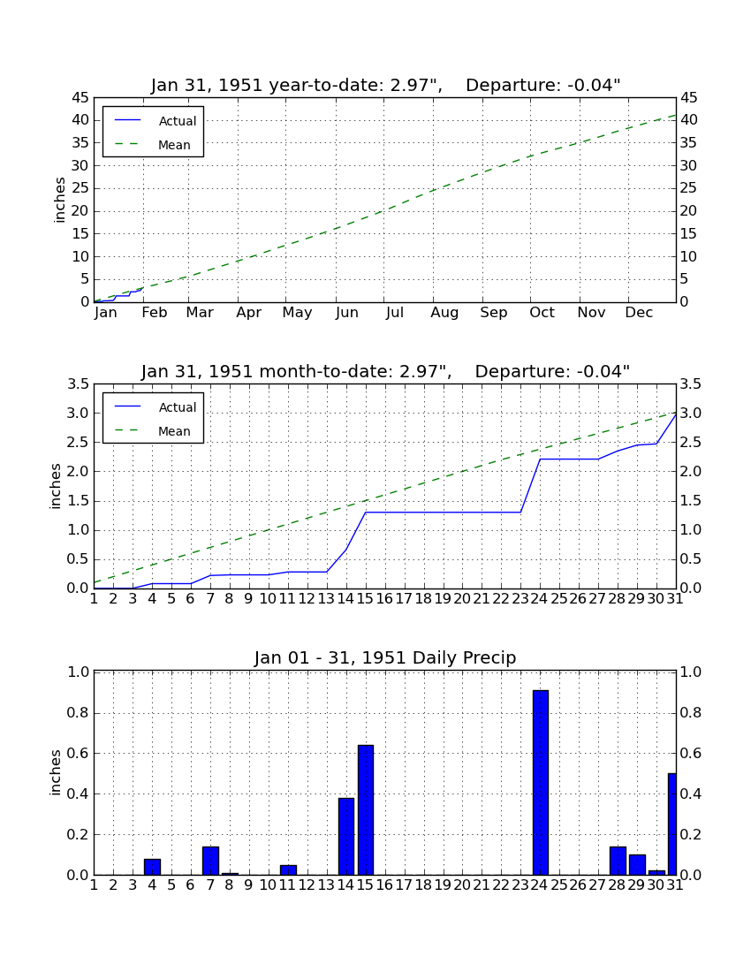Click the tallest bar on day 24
click(x=541, y=782)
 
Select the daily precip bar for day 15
click(x=366, y=809)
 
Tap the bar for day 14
click(x=346, y=836)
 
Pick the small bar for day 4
click(x=152, y=867)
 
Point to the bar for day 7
click(x=210, y=861)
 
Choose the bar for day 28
click(x=618, y=861)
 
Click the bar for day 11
click(x=288, y=869)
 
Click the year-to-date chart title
click(x=385, y=85)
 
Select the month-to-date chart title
click(x=385, y=371)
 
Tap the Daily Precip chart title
click(x=385, y=657)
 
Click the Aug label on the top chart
click(x=445, y=313)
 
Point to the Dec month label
click(x=639, y=313)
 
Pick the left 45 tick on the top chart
click(x=81, y=98)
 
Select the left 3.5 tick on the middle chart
click(x=78, y=384)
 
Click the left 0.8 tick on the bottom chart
click(x=78, y=713)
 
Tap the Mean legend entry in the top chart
click(x=153, y=145)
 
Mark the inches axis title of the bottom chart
click(x=56, y=772)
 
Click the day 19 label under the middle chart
click(x=443, y=599)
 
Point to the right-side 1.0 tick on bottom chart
click(x=691, y=672)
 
